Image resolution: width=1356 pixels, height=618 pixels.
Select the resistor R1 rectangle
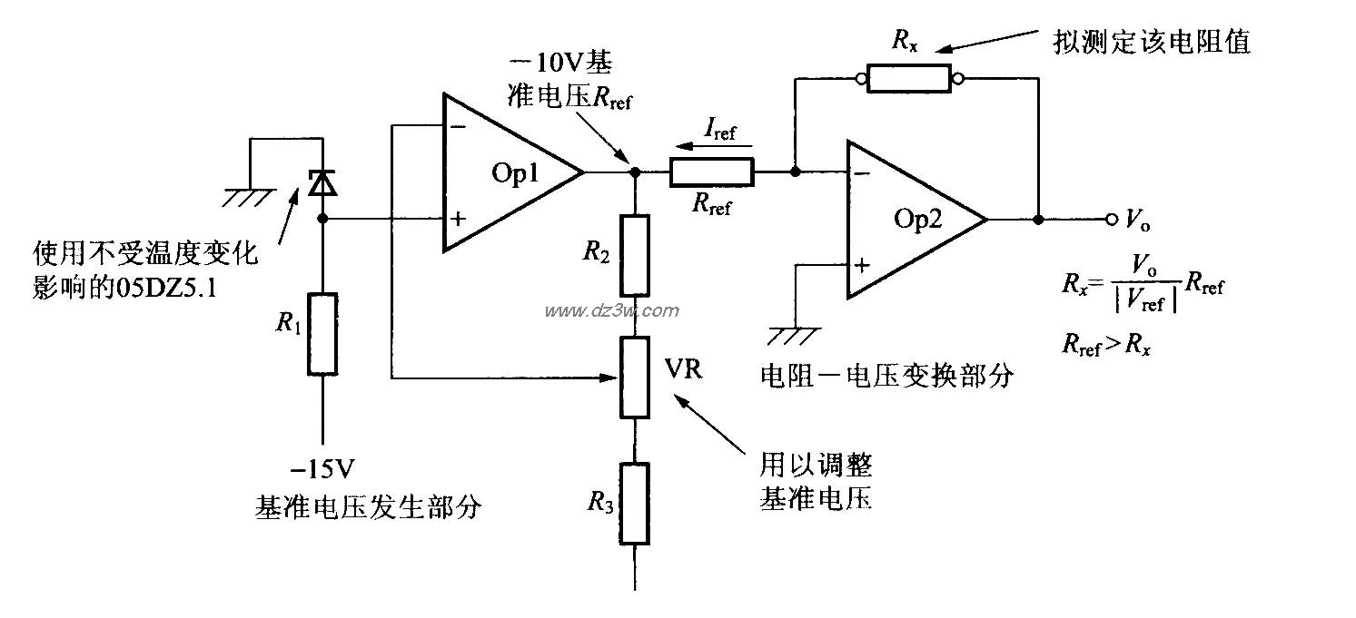[x=323, y=333]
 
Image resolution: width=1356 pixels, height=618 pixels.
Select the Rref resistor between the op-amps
[x=711, y=172]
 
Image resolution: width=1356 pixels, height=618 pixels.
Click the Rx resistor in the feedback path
[x=908, y=79]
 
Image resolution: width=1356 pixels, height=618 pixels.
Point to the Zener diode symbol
[x=323, y=185]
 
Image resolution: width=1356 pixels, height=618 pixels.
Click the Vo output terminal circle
[x=1111, y=220]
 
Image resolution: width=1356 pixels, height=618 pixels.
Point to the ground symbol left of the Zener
[x=248, y=194]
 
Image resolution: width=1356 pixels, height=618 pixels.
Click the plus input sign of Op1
[x=459, y=219]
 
